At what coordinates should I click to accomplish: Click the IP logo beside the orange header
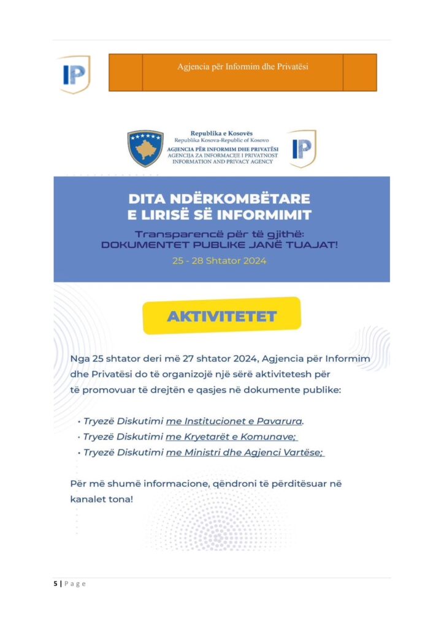tap(74, 73)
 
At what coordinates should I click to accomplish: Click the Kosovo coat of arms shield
tap(145, 148)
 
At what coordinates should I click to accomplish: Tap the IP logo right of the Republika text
tap(302, 148)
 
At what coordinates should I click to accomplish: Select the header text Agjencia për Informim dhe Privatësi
tap(242, 66)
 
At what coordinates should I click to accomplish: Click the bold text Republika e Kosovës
tap(221, 133)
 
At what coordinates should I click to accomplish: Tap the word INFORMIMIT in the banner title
tap(262, 214)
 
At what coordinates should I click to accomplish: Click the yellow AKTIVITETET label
tap(221, 317)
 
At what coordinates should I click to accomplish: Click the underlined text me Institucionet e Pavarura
tap(234, 421)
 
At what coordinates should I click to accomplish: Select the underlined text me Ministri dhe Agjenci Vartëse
tap(245, 452)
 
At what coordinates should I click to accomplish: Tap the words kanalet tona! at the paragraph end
tap(101, 499)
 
